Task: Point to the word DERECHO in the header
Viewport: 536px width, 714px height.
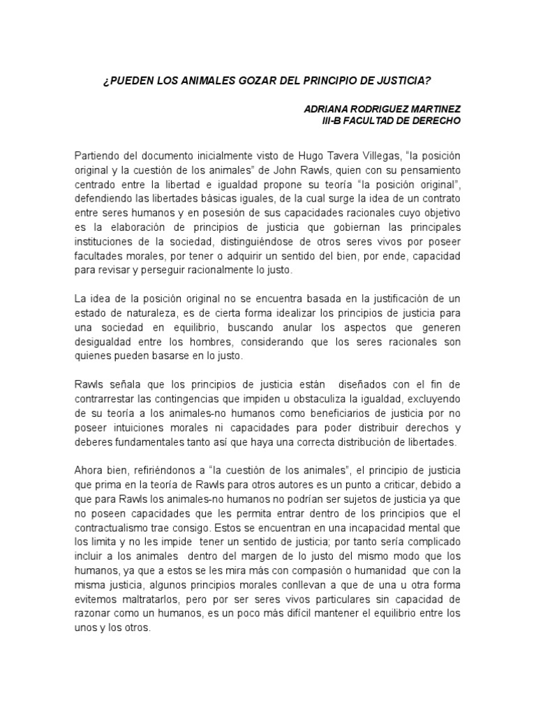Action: [435, 120]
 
